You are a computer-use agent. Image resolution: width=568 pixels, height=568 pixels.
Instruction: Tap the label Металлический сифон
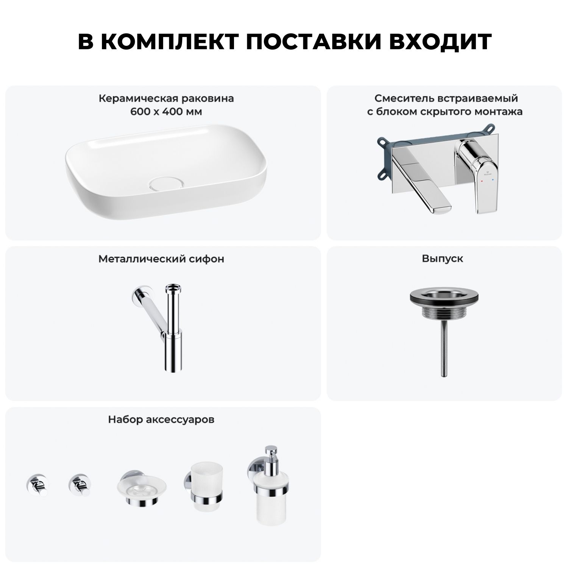pos(161,259)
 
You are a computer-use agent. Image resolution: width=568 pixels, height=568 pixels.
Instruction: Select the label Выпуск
pos(443,259)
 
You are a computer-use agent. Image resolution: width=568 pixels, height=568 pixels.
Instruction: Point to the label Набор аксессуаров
pos(161,420)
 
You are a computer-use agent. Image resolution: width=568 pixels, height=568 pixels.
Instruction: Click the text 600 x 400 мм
pos(166,112)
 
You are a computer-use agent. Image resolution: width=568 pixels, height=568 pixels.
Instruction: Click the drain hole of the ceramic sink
pos(167,183)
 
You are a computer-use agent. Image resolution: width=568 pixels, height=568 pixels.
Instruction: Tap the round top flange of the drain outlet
pos(442,297)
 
